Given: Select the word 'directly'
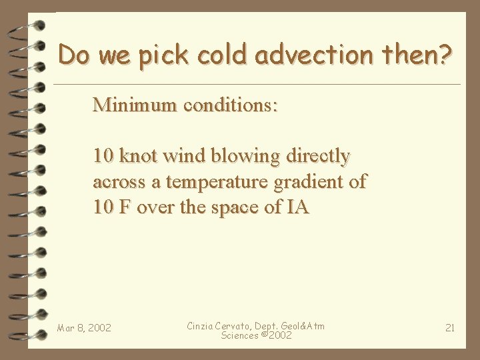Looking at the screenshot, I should click(318, 156).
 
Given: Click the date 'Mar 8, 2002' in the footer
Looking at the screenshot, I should click(84, 328).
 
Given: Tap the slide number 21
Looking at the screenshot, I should click(450, 327).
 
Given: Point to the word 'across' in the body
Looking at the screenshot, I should click(119, 182).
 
